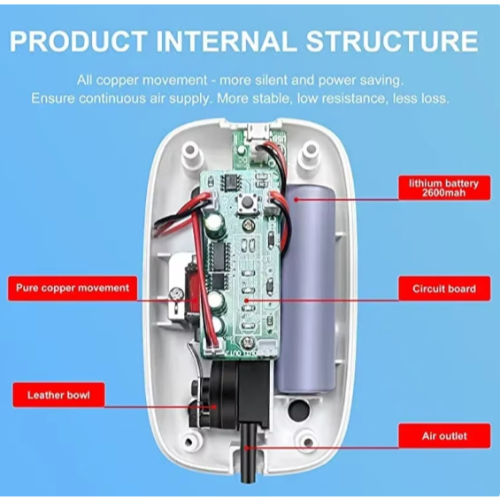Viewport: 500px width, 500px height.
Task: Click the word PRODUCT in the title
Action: coord(79,41)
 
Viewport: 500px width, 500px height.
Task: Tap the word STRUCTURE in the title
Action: coord(392,41)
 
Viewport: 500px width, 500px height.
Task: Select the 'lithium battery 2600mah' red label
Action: coord(444,188)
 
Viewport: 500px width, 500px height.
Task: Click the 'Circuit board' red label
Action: coord(444,288)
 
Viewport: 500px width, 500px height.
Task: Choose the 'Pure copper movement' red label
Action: coord(73,288)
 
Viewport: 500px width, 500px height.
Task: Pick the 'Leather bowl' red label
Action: coord(58,395)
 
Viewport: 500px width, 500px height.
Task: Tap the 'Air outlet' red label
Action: coord(444,436)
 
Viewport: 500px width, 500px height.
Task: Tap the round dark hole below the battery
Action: coord(299,411)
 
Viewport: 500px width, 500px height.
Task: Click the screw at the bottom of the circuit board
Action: coord(248,342)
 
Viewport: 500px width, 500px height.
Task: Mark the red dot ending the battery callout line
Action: coord(296,200)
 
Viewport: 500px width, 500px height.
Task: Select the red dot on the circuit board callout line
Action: coord(246,300)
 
